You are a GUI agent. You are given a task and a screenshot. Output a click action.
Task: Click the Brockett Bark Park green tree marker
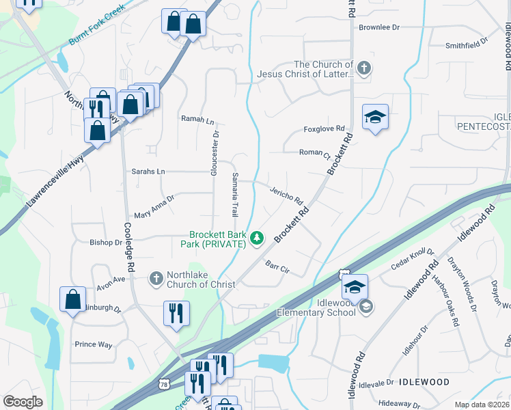[257, 238]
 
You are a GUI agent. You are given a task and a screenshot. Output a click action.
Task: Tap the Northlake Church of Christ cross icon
[156, 277]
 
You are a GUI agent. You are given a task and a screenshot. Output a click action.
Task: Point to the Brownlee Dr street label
[378, 27]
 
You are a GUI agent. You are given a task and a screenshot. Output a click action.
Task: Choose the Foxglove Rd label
[324, 128]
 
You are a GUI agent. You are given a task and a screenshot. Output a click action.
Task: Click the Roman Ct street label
[314, 153]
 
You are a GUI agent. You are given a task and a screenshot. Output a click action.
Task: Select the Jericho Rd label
[286, 195]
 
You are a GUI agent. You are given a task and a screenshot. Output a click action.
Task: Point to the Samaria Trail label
[234, 195]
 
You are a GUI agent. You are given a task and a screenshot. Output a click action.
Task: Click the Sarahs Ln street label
[148, 172]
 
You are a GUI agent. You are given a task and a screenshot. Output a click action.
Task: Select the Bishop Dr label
[106, 242]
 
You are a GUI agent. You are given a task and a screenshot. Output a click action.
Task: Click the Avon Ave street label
[111, 279]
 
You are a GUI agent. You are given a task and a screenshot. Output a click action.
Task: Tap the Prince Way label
[94, 344]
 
